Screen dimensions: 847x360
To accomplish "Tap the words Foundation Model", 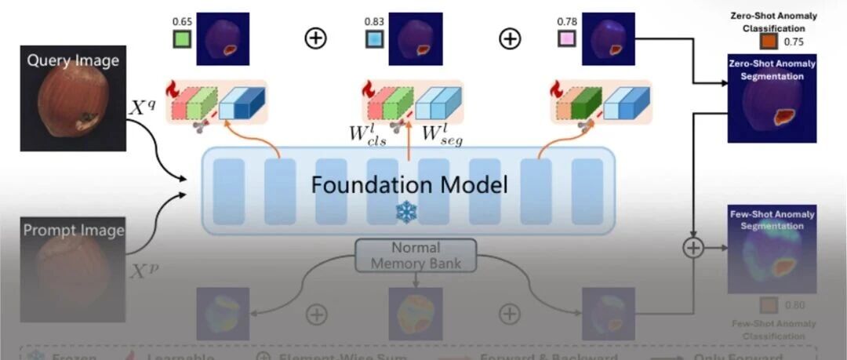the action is coord(409,185).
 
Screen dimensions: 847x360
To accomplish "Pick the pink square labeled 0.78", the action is coord(566,38).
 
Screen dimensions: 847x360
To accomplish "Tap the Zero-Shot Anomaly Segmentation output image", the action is coord(772,99).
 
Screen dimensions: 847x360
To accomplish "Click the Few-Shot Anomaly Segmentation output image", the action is coord(772,249).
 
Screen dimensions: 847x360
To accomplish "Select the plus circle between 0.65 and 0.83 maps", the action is coord(315,38).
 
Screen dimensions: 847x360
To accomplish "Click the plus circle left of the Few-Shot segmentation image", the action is coord(693,248).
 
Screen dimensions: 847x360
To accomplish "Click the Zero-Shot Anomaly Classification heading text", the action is coord(773,22).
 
